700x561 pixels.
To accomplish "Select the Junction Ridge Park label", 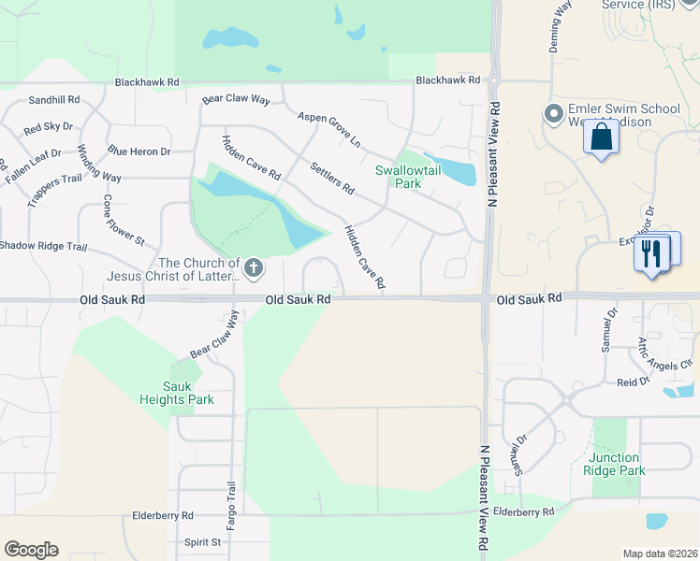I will (x=617, y=464).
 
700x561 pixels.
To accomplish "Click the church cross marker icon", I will (x=254, y=269).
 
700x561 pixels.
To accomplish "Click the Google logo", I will (x=31, y=550).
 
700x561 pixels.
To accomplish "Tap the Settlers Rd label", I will (x=332, y=178).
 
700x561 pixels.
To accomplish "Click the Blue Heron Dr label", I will (x=139, y=151).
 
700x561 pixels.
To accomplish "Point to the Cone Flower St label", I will (x=124, y=221).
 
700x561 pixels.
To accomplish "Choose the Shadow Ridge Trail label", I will (x=43, y=246).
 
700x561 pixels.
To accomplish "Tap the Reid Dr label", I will (x=633, y=381).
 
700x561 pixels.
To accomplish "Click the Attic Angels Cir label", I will (x=664, y=355).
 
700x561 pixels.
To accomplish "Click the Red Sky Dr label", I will (x=48, y=126).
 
